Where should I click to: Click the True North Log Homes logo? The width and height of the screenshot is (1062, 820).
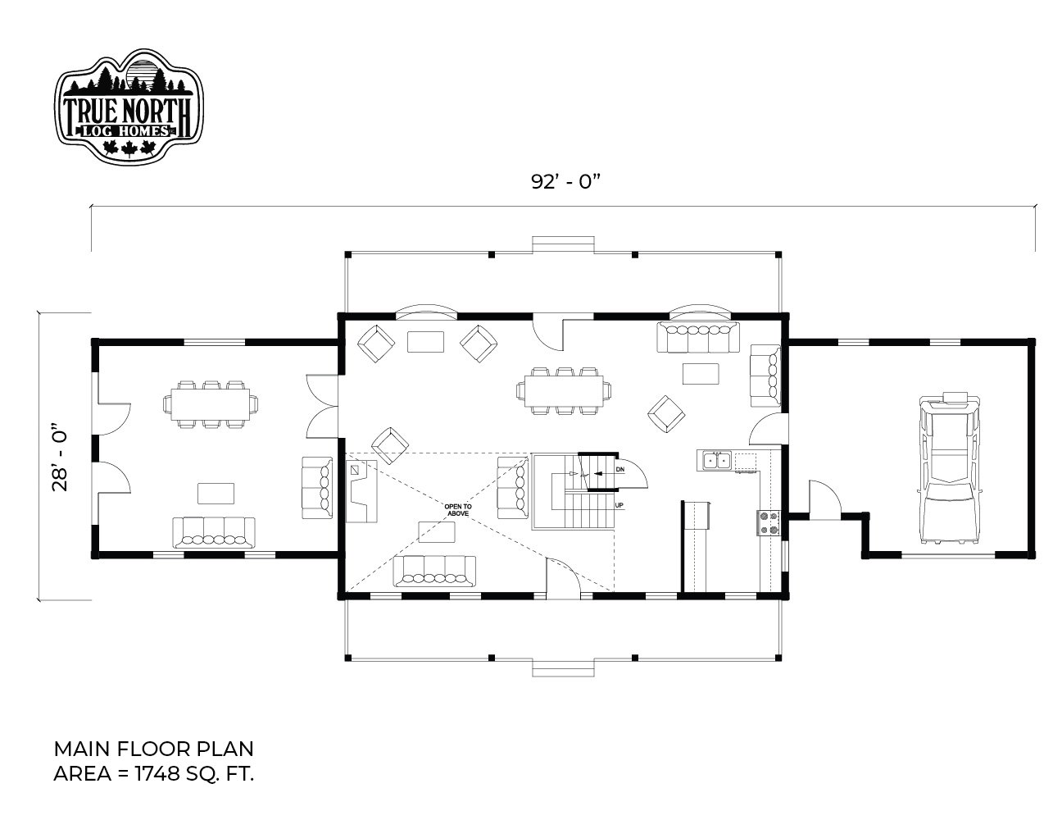(x=129, y=105)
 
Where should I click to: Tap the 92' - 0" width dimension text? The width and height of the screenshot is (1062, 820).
(x=565, y=182)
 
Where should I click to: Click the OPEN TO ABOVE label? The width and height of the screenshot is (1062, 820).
(x=458, y=510)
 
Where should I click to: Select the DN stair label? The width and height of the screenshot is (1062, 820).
(x=619, y=469)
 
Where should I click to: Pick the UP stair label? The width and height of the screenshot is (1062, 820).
(x=619, y=505)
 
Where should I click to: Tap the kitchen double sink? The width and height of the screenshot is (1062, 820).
(x=717, y=461)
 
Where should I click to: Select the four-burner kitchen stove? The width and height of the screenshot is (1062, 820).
(x=769, y=522)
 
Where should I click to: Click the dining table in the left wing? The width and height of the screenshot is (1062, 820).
(x=211, y=404)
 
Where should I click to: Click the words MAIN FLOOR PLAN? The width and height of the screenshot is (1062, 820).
(x=153, y=749)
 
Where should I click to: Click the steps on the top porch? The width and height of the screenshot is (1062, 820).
(x=563, y=244)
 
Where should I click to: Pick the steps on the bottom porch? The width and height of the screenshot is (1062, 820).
(x=563, y=669)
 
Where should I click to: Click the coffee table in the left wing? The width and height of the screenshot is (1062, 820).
(x=216, y=493)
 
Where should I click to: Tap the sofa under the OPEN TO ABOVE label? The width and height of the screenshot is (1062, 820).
(x=434, y=571)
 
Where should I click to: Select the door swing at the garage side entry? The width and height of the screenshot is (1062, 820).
(x=824, y=499)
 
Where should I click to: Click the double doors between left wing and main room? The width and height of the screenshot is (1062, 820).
(x=321, y=406)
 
